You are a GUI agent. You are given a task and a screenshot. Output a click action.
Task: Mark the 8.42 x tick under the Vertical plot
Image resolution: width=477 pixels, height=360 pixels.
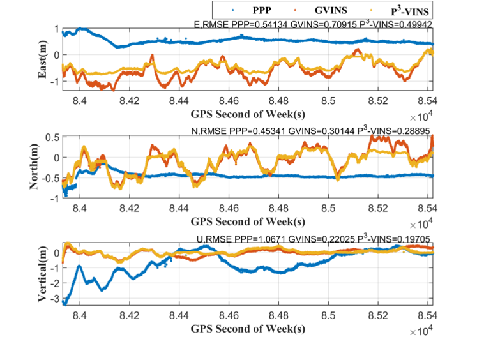pyautogui.click(x=130, y=315)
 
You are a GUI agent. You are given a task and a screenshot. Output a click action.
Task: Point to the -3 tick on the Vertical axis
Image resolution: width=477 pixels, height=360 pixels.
pyautogui.click(x=54, y=299)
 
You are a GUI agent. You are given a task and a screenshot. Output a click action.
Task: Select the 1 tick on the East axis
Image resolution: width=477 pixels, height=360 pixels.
pyautogui.click(x=57, y=29)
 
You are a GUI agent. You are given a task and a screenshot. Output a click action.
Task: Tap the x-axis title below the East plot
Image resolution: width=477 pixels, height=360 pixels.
pyautogui.click(x=248, y=115)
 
